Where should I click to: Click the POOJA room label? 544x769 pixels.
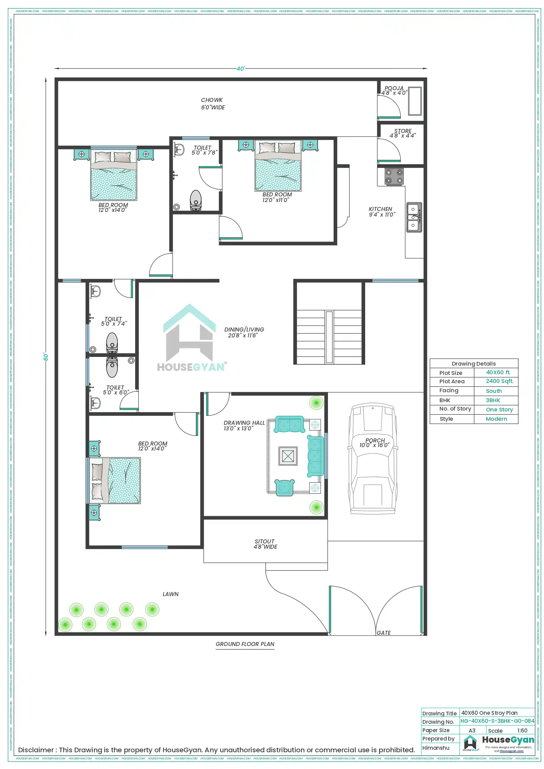click(x=394, y=88)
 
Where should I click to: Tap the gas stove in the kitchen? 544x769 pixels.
click(x=394, y=177)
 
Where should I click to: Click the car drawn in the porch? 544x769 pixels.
click(x=373, y=459)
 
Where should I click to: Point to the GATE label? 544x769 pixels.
click(x=383, y=633)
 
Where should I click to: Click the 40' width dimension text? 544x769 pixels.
click(x=240, y=69)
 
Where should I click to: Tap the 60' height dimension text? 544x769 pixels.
click(x=46, y=356)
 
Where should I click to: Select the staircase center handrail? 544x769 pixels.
click(x=329, y=336)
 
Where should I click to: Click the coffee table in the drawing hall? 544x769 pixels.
click(x=288, y=456)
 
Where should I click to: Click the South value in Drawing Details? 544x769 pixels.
click(x=493, y=391)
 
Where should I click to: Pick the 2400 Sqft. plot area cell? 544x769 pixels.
click(x=499, y=381)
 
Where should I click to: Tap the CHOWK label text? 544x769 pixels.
click(x=212, y=100)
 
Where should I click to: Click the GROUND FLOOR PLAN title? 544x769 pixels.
click(x=245, y=644)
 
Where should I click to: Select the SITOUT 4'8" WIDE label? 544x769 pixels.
click(x=265, y=544)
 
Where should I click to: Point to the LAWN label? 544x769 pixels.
click(x=170, y=594)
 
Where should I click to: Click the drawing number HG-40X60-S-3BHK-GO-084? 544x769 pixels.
click(x=497, y=721)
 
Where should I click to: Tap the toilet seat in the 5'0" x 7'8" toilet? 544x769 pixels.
click(x=196, y=200)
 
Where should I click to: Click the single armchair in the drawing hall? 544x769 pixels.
click(x=284, y=487)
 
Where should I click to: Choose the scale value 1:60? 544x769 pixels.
click(x=522, y=731)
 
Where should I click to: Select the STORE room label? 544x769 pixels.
click(x=402, y=131)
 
